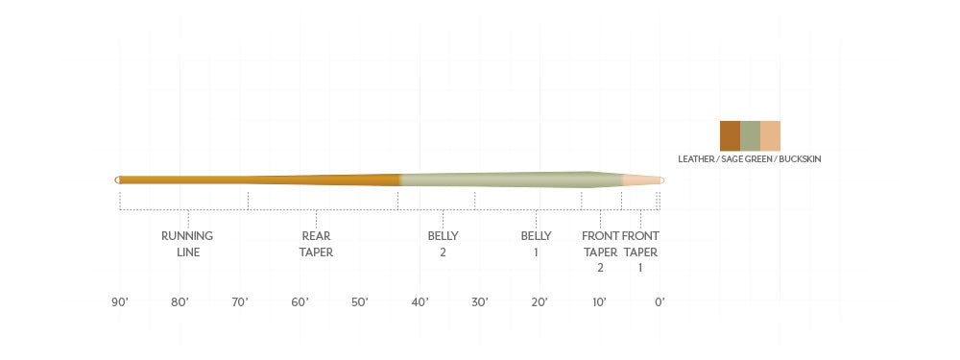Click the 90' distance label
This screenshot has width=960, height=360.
pos(120,301)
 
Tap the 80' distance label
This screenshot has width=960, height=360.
pos(180,301)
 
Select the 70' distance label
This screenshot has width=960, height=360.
pos(239,301)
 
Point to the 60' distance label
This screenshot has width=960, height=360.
pos(300,301)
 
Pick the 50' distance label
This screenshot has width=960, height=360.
pos(359,301)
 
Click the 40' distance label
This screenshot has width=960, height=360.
pos(420,301)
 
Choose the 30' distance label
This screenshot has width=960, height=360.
pos(479,301)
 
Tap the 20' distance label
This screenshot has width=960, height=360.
pos(540,301)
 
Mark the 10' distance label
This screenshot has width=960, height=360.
pos(599,301)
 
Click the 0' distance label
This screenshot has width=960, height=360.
pos(660,301)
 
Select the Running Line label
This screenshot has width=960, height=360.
pos(187,244)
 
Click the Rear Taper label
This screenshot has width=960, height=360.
pos(316,244)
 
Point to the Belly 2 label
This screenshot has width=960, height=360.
pos(443,244)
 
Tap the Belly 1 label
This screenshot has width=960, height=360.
pos(536,244)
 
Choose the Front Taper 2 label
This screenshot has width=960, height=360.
pos(600,252)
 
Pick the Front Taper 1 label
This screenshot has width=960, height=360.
pos(640,252)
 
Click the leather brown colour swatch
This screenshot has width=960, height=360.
pos(730,136)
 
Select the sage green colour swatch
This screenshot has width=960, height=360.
pos(750,136)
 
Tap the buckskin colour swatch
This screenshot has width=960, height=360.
pos(770,136)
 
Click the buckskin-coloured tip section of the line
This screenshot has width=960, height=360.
pos(641,180)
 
